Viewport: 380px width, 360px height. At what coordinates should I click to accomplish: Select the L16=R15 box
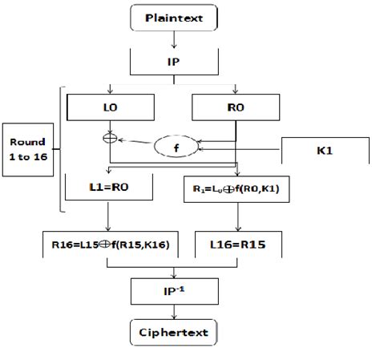point(235,241)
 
